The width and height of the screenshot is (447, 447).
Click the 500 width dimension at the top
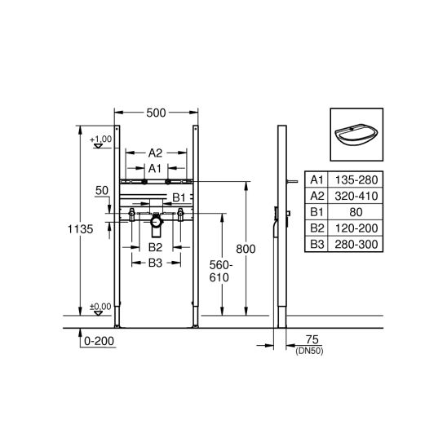coord(156,113)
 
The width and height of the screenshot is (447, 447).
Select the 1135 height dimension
coord(81,229)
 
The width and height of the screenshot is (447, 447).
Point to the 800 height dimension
coord(246,249)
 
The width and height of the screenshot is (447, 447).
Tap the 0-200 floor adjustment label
coord(99,341)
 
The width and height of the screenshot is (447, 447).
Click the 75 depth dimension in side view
coord(312,339)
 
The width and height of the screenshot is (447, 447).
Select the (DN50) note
coord(310,352)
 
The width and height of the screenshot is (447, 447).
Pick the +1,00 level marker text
coord(101,139)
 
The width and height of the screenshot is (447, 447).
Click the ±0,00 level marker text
coord(100,307)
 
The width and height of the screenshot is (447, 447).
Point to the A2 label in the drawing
coord(155,153)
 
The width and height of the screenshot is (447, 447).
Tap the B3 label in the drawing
coord(155,263)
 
